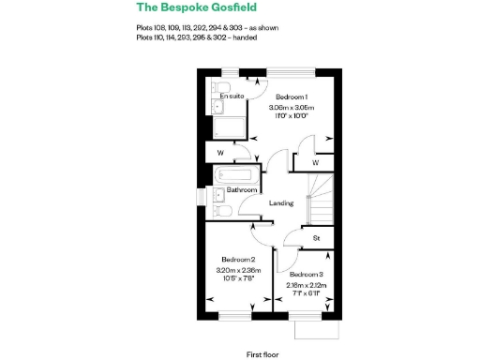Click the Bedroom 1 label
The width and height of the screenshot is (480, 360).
coord(290,97)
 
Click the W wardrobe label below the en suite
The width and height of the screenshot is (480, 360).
coord(219,153)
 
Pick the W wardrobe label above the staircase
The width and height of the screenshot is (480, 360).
coord(316,162)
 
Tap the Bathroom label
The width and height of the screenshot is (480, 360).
coord(242,190)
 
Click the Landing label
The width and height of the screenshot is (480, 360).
coord(281,203)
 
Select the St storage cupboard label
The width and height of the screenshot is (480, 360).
coord(317,238)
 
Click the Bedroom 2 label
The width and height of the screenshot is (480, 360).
coord(238,259)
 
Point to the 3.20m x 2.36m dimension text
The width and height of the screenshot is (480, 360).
coord(238,270)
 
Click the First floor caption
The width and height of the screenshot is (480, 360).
coord(264,355)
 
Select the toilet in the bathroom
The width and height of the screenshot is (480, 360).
coord(221,213)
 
